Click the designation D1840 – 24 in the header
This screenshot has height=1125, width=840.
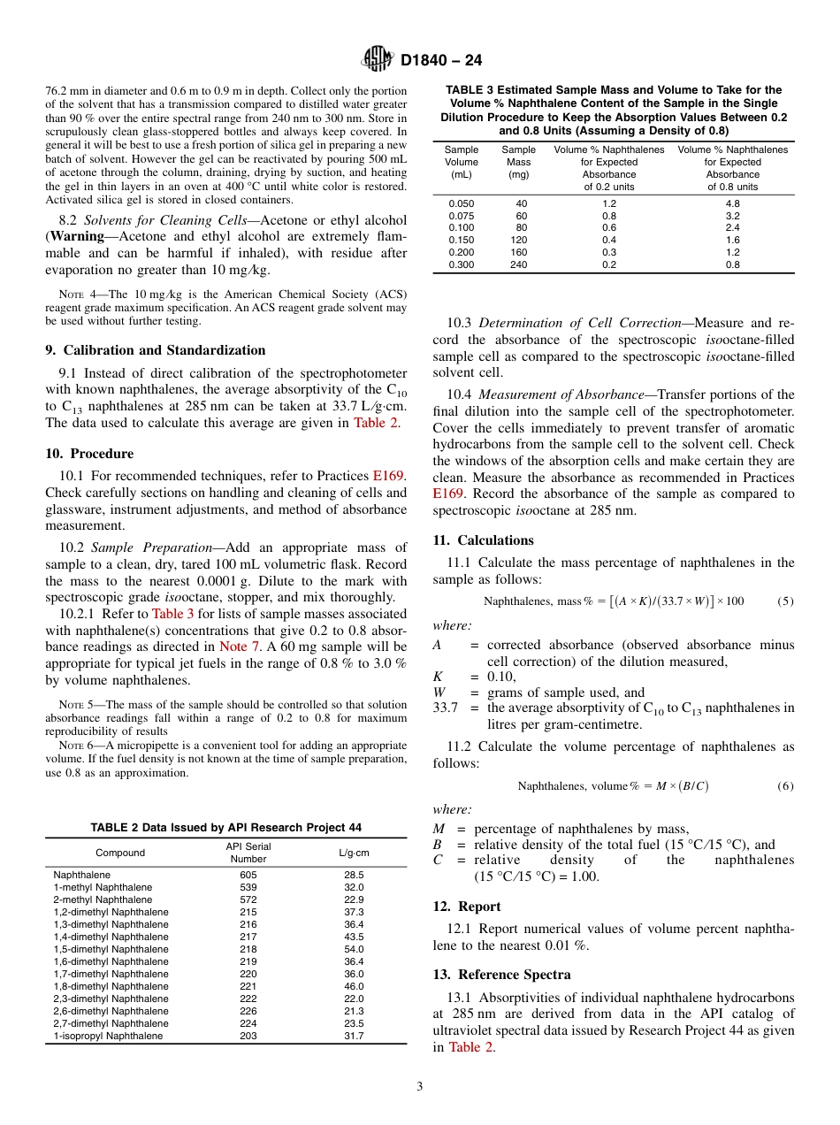point(440,61)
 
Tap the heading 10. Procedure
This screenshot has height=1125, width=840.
point(89,454)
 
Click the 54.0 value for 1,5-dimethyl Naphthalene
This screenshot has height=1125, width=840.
point(354,949)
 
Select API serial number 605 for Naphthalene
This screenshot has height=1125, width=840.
point(248,875)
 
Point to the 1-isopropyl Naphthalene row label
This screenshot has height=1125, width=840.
point(108,1036)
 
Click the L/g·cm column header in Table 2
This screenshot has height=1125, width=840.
point(354,853)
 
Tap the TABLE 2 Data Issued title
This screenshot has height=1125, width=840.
point(225,828)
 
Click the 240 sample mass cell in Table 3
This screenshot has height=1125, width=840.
point(518,264)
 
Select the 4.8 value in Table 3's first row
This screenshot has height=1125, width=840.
point(732,203)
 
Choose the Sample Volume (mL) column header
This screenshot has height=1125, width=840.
point(461,162)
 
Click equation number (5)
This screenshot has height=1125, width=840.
point(785,601)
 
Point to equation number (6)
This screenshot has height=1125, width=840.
point(785,785)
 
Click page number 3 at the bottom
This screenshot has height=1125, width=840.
point(420,1087)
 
